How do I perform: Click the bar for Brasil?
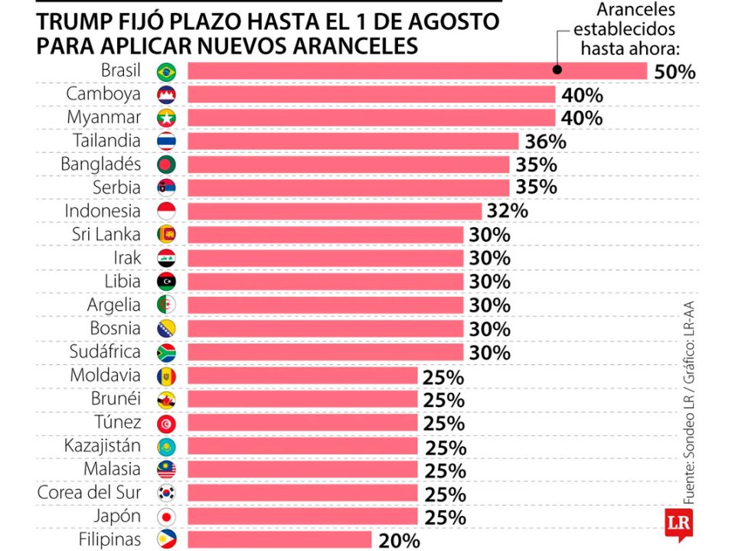[417, 71]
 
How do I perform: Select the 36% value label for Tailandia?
[545, 142]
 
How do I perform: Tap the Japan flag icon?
[166, 516]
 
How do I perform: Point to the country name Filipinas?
[109, 540]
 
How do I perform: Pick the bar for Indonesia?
[335, 211]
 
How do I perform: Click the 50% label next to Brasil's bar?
[675, 73]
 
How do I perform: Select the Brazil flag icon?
[166, 71]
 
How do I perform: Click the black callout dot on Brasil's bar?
[557, 69]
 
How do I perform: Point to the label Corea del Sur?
[89, 492]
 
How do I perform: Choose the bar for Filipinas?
[279, 540]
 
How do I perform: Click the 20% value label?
[399, 540]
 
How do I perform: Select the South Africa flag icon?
[166, 352]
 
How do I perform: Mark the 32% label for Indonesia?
[508, 211]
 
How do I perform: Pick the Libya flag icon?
[166, 281]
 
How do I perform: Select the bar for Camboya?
[371, 94]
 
